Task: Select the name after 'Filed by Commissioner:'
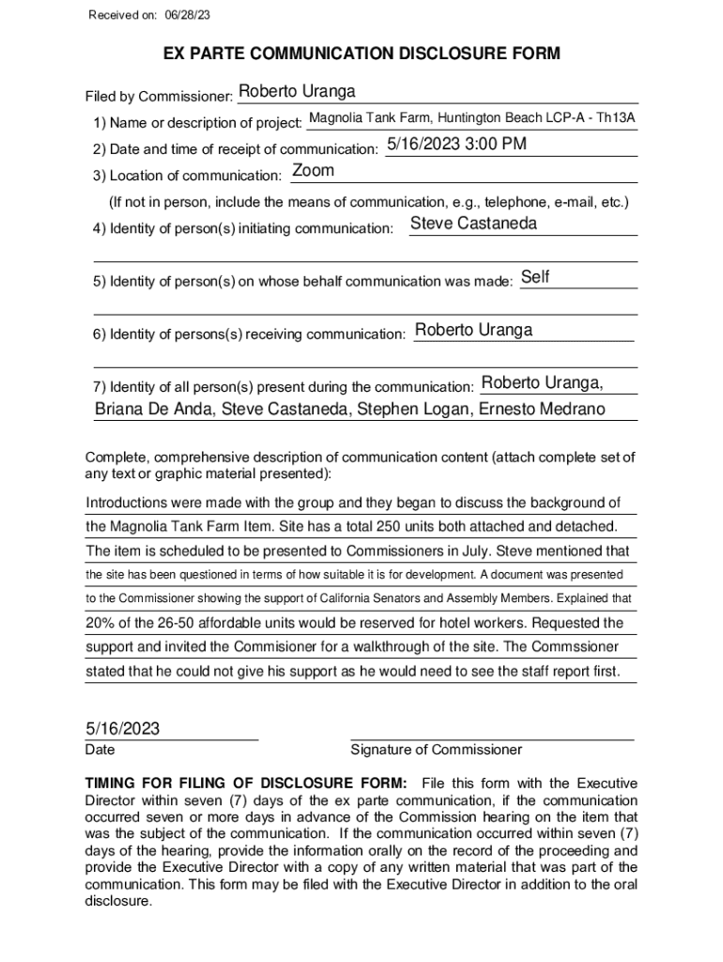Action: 297,91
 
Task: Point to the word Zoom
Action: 313,171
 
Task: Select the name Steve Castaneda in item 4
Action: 474,224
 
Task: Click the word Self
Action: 535,276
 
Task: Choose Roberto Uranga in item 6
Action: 473,330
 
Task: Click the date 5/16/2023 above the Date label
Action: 123,729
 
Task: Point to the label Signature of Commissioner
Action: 436,750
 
